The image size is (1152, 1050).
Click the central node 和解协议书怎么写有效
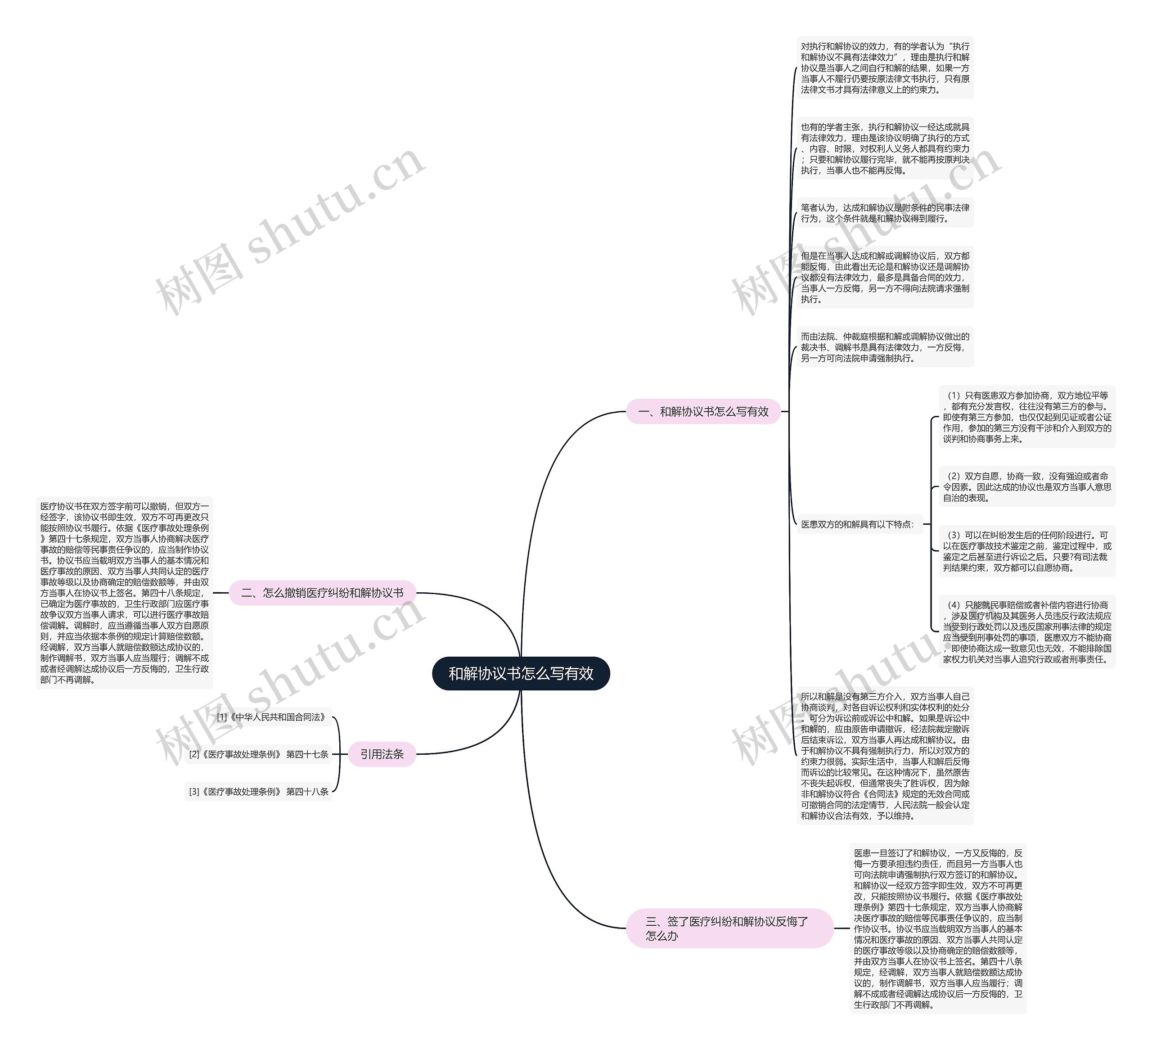(x=521, y=673)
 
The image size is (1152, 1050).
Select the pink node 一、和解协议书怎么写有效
(x=703, y=411)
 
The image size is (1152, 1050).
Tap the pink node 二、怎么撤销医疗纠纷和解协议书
(x=322, y=593)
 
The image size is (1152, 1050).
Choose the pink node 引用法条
(x=382, y=754)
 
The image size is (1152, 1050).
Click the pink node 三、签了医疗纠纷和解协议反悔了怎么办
(x=729, y=928)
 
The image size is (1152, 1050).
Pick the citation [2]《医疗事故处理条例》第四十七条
(x=258, y=754)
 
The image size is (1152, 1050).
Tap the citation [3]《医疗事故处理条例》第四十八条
(x=258, y=792)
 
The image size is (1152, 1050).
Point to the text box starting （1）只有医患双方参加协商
(x=1026, y=417)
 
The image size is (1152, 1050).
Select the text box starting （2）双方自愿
(x=1026, y=487)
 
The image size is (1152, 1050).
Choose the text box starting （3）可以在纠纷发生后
(x=1026, y=551)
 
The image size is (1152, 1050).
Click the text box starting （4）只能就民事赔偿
(x=1026, y=631)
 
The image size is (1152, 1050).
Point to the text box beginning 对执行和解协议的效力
(x=885, y=68)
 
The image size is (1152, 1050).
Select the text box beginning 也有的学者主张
(x=885, y=149)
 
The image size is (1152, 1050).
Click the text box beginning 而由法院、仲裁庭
(x=885, y=347)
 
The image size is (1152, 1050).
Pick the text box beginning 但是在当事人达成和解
(x=885, y=277)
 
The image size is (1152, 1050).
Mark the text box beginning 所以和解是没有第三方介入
(x=885, y=756)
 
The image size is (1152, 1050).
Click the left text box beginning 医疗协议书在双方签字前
(x=124, y=593)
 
